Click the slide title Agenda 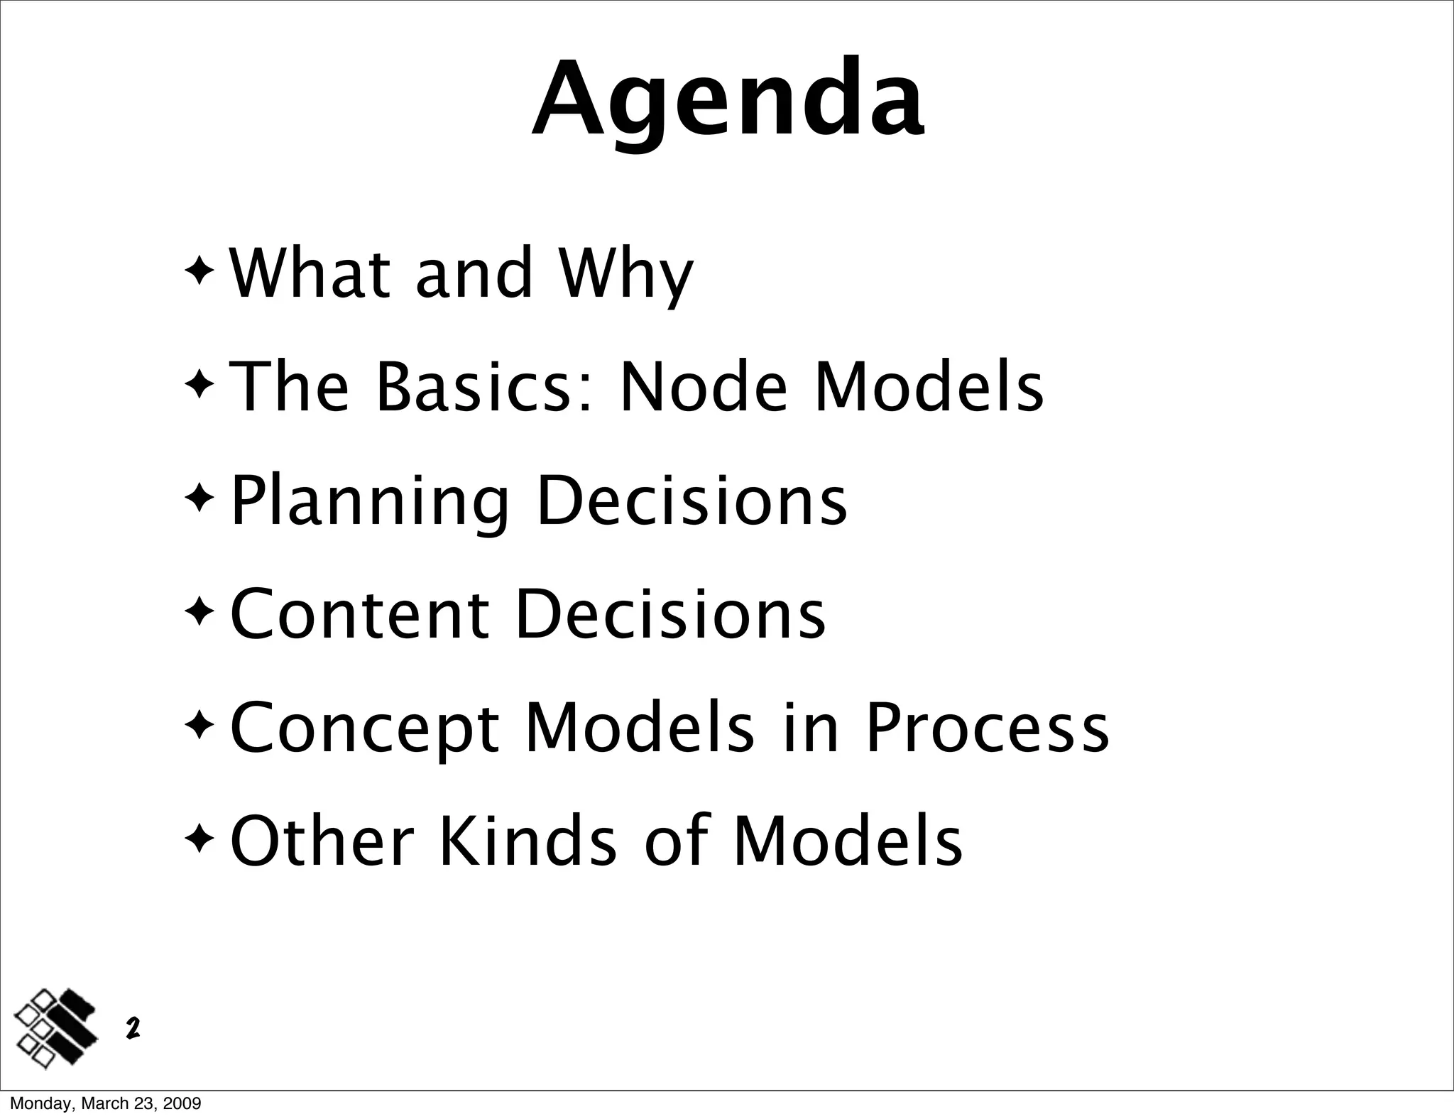[x=728, y=99]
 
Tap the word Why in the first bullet [x=625, y=274]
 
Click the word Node [x=703, y=387]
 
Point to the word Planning [x=370, y=501]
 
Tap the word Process [x=986, y=727]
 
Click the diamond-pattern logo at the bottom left [x=56, y=1028]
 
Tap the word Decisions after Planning [x=692, y=501]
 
